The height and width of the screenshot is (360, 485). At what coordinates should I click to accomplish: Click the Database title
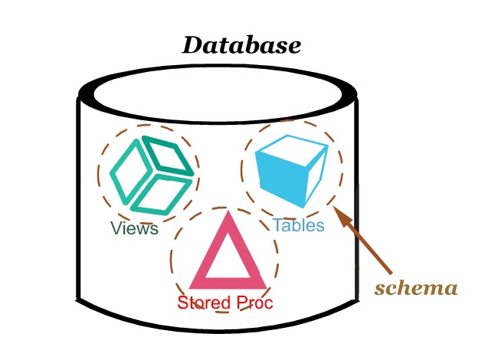241,44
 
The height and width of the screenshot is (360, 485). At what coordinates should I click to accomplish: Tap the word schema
415,289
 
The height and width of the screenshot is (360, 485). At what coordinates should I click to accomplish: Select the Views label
134,228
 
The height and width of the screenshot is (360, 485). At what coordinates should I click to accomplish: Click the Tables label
298,226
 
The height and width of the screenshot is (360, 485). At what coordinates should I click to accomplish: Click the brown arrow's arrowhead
342,216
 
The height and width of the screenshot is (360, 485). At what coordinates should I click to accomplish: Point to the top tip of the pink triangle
225,214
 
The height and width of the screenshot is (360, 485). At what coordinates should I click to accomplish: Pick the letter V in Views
116,228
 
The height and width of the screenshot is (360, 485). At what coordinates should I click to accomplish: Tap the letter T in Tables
277,226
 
